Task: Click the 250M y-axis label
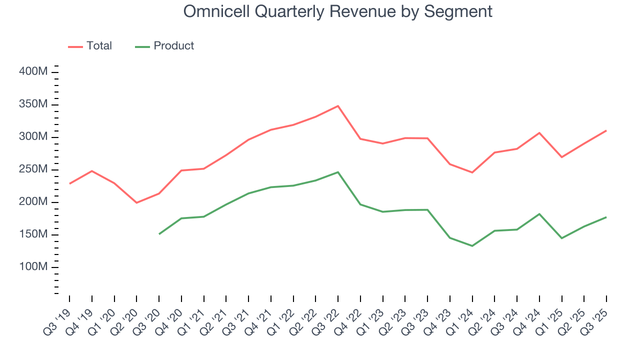(33, 170)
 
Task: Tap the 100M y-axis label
(33, 267)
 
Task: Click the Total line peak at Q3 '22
(338, 106)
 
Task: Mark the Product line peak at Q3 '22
(338, 172)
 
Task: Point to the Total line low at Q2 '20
(136, 202)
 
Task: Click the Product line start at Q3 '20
(159, 234)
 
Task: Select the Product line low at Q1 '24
(472, 246)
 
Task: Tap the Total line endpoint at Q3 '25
(606, 130)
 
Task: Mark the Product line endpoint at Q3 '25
(606, 217)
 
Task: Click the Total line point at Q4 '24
(539, 133)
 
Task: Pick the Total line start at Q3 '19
(69, 183)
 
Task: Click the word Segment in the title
(458, 11)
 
